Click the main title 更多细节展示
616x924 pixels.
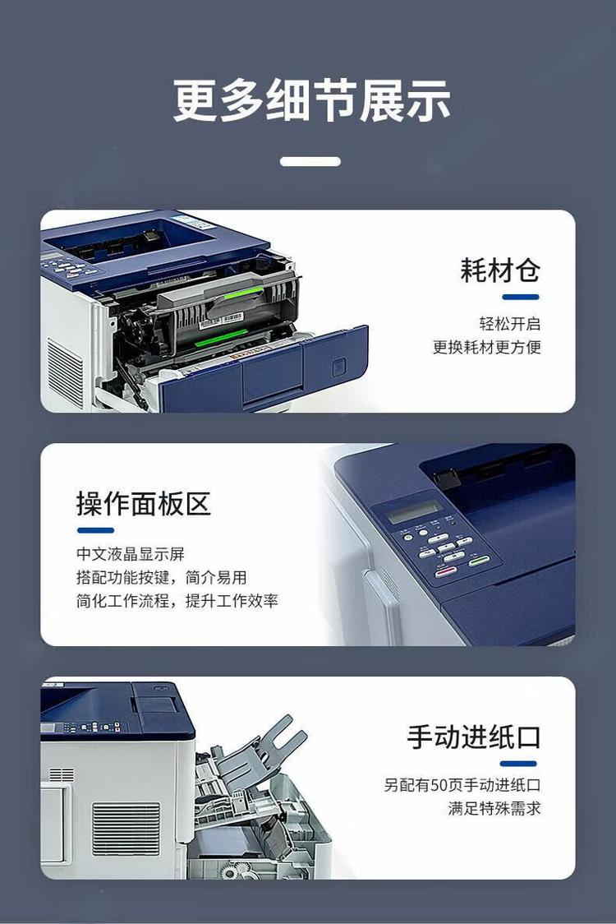(311, 101)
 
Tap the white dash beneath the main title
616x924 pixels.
(310, 161)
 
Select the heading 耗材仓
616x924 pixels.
(500, 270)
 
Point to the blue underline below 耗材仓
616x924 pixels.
(519, 297)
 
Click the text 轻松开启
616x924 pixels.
(510, 324)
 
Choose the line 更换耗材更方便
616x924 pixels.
(487, 347)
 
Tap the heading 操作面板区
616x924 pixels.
(144, 504)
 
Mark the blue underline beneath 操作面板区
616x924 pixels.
(95, 530)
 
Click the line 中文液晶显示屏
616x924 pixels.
(131, 555)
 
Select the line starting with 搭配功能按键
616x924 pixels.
(161, 578)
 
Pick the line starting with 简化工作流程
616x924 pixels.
(177, 601)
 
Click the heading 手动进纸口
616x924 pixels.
(474, 737)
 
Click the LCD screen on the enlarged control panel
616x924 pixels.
(412, 512)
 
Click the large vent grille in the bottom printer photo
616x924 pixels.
(126, 829)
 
